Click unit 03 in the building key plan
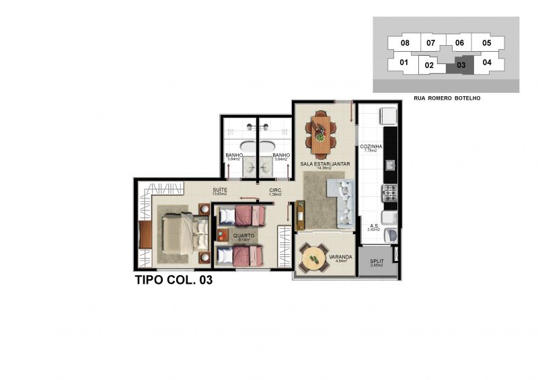point(461,65)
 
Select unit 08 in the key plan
point(405,43)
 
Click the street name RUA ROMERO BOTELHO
point(447,98)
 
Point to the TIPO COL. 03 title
point(174,280)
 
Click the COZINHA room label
point(371,147)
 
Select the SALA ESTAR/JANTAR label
point(321,163)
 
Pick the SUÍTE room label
point(219,190)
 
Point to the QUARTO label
point(243,236)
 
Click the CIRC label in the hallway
point(275,190)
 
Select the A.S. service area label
point(373,226)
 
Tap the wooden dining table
point(320,130)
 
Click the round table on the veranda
point(313,258)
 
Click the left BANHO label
point(234,156)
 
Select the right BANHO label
point(281,156)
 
